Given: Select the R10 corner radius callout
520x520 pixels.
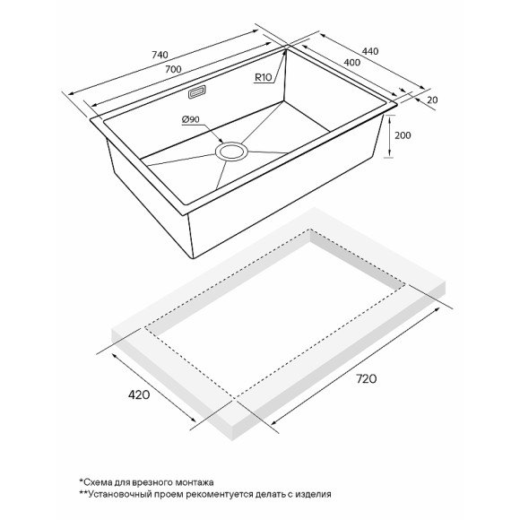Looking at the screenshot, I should [x=264, y=78].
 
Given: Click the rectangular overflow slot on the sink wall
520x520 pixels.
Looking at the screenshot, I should [x=195, y=91].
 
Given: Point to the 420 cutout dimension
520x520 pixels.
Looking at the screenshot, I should [x=138, y=394].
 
